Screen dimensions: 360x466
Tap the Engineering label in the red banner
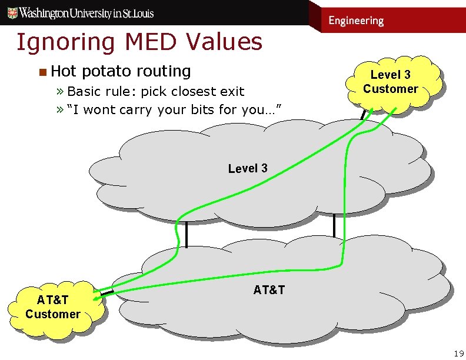click(x=356, y=21)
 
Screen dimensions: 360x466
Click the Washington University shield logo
click(x=10, y=12)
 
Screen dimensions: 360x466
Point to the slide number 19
click(x=458, y=353)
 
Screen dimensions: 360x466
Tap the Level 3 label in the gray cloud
click(x=248, y=168)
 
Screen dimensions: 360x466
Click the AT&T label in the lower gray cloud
click(x=269, y=289)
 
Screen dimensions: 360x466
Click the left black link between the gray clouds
click(x=186, y=235)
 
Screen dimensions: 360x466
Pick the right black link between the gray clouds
click(x=334, y=225)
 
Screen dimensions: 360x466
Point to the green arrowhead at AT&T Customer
click(x=108, y=292)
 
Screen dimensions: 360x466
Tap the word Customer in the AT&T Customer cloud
click(x=53, y=314)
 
